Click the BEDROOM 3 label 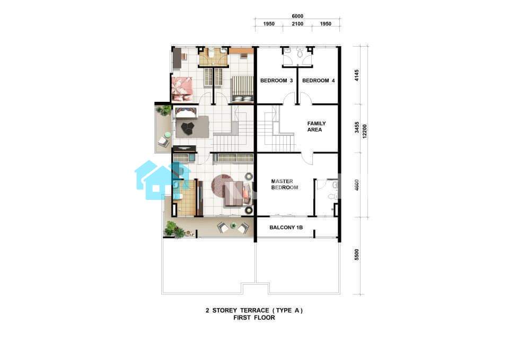pos(277,81)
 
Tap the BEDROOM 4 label pos(318,81)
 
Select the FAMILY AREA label pos(316,127)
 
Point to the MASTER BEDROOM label pos(284,185)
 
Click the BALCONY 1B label pos(286,227)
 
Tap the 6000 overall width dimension pos(297,16)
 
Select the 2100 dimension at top pos(297,24)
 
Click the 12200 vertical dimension pos(365,131)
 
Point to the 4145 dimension pos(357,75)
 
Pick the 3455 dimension pos(357,127)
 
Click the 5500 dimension pos(357,254)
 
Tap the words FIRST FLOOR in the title pos(254,318)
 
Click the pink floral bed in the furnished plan pos(182,89)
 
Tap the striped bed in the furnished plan pos(242,90)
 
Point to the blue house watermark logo pos(161,180)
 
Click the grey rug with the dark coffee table pos(192,127)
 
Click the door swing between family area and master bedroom pos(307,158)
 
